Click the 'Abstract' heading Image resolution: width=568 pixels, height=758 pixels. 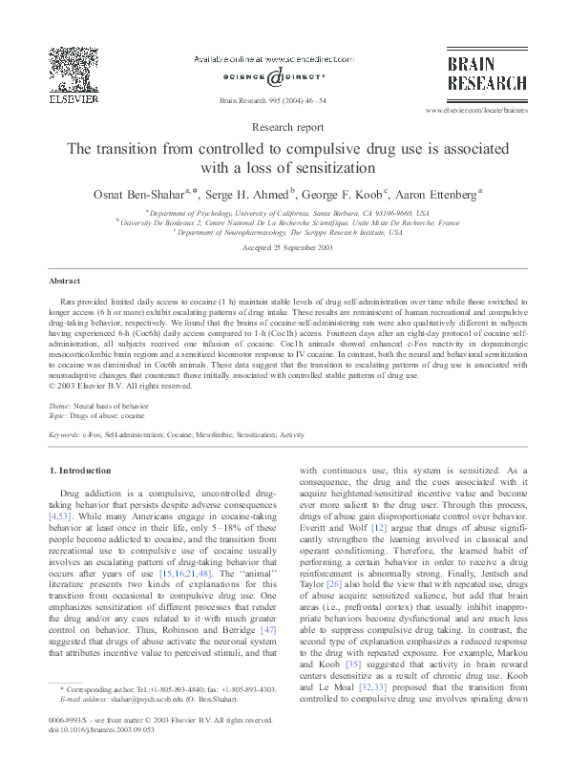click(65, 282)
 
